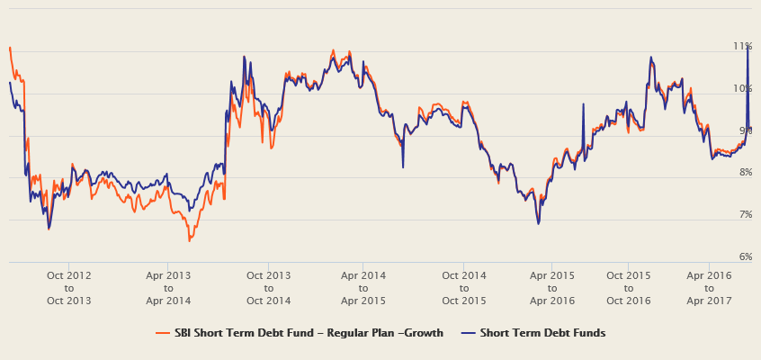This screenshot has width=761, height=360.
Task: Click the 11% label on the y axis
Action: [743, 46]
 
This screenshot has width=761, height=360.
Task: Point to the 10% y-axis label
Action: [743, 88]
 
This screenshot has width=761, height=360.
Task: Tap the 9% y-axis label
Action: [746, 130]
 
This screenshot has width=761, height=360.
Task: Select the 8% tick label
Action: [746, 173]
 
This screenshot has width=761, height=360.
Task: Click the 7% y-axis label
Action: [746, 215]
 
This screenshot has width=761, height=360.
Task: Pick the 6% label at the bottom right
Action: [746, 257]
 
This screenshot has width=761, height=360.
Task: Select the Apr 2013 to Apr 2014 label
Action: [168, 287]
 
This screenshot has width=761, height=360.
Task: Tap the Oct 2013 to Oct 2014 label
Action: [268, 287]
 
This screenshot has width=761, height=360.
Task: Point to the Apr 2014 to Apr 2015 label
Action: [363, 287]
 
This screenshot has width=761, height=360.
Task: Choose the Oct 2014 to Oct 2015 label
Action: [463, 287]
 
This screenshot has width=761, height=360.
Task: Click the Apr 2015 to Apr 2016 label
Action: [551, 287]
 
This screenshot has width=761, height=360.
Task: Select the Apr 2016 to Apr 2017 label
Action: [709, 287]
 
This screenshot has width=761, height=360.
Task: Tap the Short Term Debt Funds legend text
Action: [542, 333]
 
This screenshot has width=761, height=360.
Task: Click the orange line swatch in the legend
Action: [163, 333]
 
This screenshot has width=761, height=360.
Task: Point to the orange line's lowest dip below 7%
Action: [189, 240]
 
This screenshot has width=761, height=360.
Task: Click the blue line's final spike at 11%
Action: [748, 47]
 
